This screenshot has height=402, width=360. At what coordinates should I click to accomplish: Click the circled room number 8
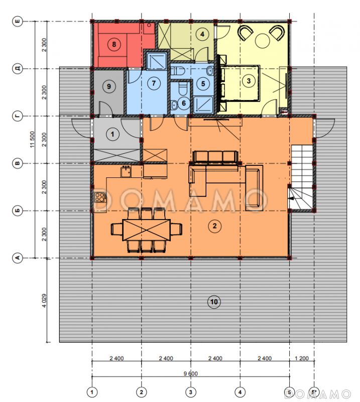[x=114, y=44]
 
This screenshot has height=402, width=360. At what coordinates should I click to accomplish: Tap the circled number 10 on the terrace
[x=214, y=302]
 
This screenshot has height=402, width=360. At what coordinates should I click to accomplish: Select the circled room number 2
[x=214, y=226]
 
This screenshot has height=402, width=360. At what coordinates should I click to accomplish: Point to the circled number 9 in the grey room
[x=109, y=86]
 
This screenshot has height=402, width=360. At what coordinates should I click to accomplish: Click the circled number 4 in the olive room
[x=202, y=34]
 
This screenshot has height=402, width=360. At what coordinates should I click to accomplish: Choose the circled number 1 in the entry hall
[x=112, y=134]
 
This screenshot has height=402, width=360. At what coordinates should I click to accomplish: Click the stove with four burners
[x=100, y=197]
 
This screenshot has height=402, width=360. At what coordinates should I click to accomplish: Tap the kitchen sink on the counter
[x=126, y=171]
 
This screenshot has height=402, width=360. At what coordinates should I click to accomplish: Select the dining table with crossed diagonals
[x=147, y=230]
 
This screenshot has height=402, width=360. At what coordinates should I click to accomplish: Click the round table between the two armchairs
[x=262, y=41]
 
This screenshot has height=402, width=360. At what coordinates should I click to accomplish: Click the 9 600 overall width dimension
[x=191, y=374]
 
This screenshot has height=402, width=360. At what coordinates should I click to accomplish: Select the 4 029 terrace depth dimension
[x=44, y=300]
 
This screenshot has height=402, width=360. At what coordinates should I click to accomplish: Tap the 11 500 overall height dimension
[x=32, y=139]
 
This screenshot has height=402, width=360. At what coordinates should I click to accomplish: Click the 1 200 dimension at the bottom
[x=302, y=358]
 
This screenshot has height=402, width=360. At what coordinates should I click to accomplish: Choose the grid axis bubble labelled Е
[x=18, y=21]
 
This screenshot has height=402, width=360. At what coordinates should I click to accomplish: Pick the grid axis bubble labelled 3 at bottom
[x=190, y=392]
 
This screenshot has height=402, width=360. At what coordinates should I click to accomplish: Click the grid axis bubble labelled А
[x=18, y=258]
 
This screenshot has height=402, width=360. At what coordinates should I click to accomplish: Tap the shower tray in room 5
[x=203, y=105]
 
